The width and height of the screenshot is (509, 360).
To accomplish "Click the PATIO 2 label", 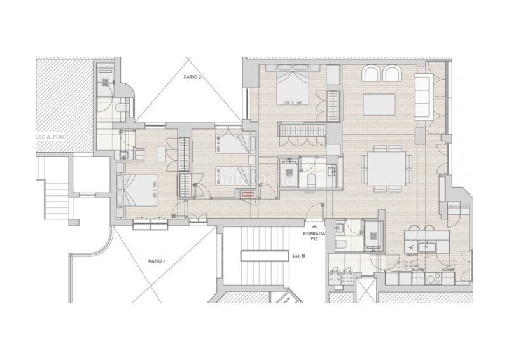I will pyautogui.click(x=191, y=77).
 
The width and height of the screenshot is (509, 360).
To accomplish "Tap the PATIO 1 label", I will pyautogui.click(x=157, y=261).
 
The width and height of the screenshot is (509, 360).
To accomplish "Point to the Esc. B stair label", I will pyautogui.click(x=299, y=256).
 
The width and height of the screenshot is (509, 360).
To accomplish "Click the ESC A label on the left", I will pyautogui.click(x=52, y=136).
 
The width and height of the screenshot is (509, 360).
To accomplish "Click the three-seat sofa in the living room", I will pyautogui.click(x=423, y=95).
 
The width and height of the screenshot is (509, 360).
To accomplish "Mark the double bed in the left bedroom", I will pyautogui.click(x=141, y=189).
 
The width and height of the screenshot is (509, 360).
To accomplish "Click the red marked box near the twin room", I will pyautogui.click(x=245, y=197).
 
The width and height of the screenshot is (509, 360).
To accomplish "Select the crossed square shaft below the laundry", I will pyautogui.click(x=367, y=290).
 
